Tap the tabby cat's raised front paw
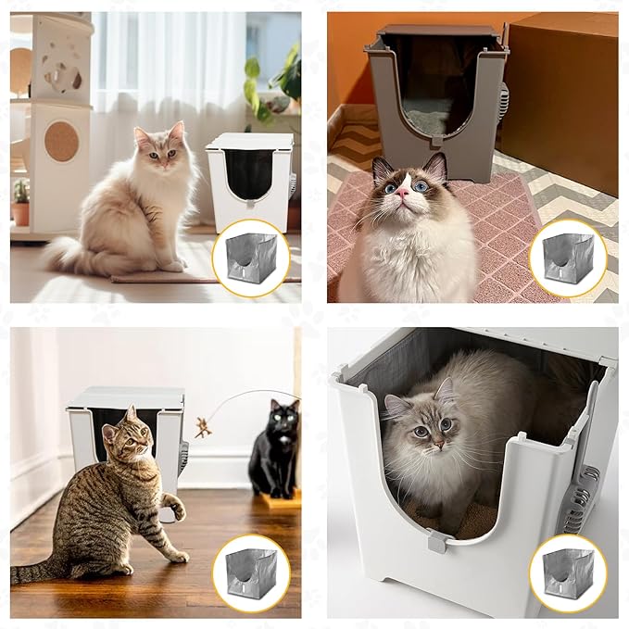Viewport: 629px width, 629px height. pyautogui.click(x=174, y=508)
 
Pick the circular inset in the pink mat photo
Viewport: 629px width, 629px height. pyautogui.click(x=567, y=258)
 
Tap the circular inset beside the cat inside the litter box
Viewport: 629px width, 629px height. pyautogui.click(x=567, y=572)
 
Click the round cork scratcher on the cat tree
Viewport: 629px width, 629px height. pyautogui.click(x=62, y=141)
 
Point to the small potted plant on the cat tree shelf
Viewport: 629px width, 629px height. pyautogui.click(x=20, y=205)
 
